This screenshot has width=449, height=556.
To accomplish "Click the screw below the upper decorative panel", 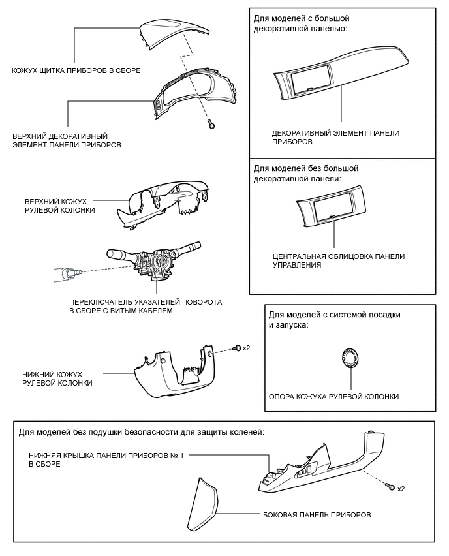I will click(x=211, y=123).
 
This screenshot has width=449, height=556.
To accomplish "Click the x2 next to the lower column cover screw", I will click(x=246, y=348).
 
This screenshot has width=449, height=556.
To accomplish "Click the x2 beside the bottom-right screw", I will click(x=401, y=489).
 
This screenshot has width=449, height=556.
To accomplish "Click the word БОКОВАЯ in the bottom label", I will click(x=282, y=515).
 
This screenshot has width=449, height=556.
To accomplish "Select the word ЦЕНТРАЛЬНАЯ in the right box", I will click(x=301, y=256).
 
